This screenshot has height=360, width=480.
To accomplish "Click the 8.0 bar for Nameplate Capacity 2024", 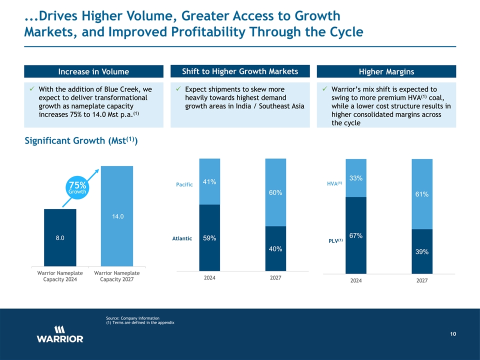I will (x=60, y=237).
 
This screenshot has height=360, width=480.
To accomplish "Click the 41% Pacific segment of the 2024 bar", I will (x=209, y=181).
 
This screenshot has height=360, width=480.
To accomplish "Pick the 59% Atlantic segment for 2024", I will (x=209, y=238).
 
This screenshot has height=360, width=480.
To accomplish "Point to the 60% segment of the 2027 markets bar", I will (x=275, y=192).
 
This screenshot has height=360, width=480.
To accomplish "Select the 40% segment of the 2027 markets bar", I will (x=275, y=248).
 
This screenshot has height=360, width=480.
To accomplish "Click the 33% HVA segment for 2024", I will (x=356, y=178).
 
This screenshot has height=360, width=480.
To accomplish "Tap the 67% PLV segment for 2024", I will (x=356, y=235).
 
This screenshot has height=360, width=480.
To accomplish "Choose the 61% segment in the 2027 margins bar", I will (x=421, y=194).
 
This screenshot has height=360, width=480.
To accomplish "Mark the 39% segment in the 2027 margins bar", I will (x=421, y=251).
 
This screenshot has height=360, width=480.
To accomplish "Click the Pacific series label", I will (x=184, y=185).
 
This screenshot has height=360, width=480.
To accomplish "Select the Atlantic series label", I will (x=182, y=238).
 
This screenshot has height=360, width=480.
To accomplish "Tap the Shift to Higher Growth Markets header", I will (x=240, y=71).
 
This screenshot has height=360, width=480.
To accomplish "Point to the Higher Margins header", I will (x=386, y=71).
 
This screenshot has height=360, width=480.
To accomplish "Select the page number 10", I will (x=452, y=334).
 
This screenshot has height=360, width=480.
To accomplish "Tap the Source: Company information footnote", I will (x=133, y=318).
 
